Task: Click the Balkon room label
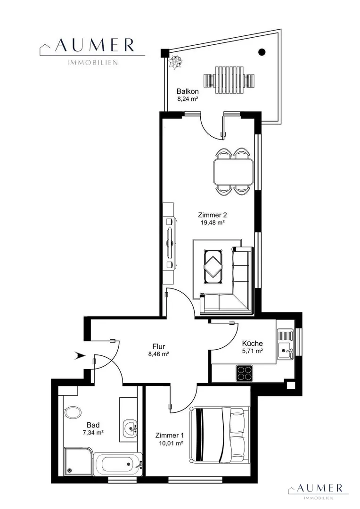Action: [x=188, y=91]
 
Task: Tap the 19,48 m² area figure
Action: [x=213, y=222]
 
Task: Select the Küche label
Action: [x=253, y=343]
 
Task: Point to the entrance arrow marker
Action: [x=80, y=356]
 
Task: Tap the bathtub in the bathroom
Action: [x=118, y=464]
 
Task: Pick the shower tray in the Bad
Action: [x=78, y=461]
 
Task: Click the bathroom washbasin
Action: [x=130, y=428]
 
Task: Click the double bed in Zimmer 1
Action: [x=220, y=435]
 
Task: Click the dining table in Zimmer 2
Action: [x=234, y=172]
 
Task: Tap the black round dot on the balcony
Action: [x=262, y=51]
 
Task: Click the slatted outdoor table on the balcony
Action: [x=229, y=79]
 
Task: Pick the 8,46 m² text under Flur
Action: [x=159, y=354]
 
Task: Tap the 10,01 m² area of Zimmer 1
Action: [x=169, y=443]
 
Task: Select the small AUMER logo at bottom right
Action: [x=319, y=492]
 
